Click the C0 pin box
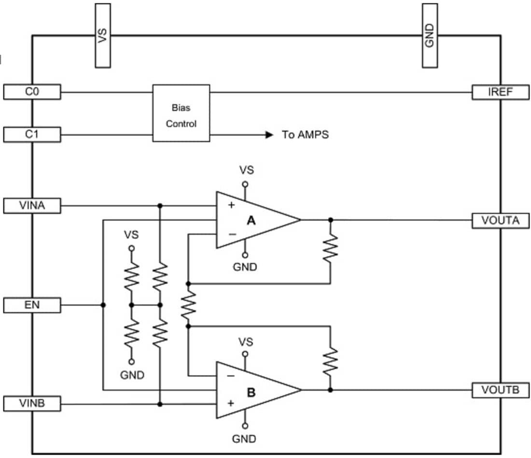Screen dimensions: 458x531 pos(32,92)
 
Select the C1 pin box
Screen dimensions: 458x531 pos(32,134)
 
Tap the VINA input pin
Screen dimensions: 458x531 pos(32,206)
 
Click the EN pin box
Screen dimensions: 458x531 pos(32,305)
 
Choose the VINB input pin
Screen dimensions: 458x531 pos(32,403)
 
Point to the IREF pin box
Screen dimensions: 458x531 pos(500,92)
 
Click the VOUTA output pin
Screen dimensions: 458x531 pos(500,220)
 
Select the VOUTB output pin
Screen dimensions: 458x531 pos(500,390)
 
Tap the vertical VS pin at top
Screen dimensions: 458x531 pos(102,35)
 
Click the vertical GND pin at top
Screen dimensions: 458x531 pos(430,35)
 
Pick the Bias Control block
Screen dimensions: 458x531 pos(181,113)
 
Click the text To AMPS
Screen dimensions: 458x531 pos(305,135)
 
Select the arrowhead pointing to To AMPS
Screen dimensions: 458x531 pos(269,135)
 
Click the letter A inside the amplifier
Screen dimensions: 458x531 pos(251,221)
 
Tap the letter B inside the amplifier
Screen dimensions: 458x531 pos(251,392)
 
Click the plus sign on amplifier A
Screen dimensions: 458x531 pos(231,205)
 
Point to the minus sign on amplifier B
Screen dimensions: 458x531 pos(231,375)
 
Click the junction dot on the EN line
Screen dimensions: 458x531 pos(103,305)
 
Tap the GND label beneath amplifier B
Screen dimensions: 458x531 pos(244,439)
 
